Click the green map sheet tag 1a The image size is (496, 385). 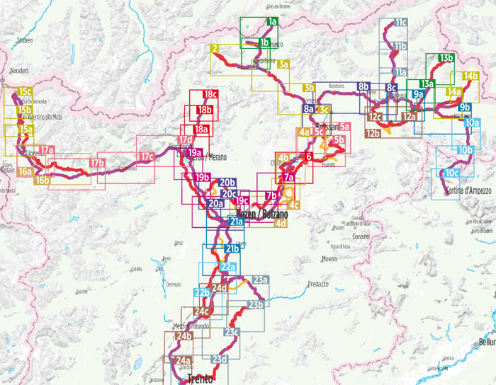(271, 22)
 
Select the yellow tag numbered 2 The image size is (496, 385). (214, 49)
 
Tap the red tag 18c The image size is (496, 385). (210, 94)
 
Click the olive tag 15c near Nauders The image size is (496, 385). (25, 92)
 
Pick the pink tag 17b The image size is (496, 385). (97, 164)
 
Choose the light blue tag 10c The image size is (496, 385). (452, 173)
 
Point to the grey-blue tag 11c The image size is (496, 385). (400, 23)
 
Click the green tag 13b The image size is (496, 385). (446, 58)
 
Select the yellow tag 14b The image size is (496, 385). (470, 76)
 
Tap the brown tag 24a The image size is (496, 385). (181, 360)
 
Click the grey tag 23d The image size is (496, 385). (219, 360)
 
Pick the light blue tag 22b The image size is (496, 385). (202, 292)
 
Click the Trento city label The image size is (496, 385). (201, 379)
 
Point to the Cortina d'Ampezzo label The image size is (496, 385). (468, 192)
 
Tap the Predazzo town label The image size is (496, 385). (319, 284)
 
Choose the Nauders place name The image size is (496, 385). (19, 71)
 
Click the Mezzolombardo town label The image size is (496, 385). (191, 326)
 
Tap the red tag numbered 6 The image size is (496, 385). (309, 156)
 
